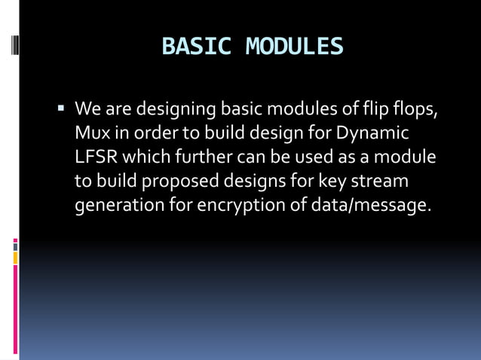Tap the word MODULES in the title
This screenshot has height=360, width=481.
pyautogui.click(x=294, y=47)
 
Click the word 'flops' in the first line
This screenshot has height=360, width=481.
pyautogui.click(x=415, y=110)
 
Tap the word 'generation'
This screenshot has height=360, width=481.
pyautogui.click(x=117, y=206)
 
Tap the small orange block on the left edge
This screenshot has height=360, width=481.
pyautogui.click(x=15, y=258)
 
